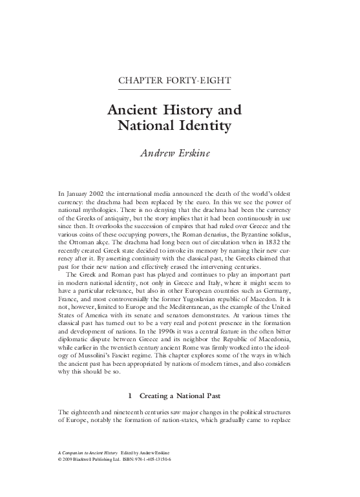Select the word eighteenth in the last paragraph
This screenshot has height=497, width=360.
pos(86,412)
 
